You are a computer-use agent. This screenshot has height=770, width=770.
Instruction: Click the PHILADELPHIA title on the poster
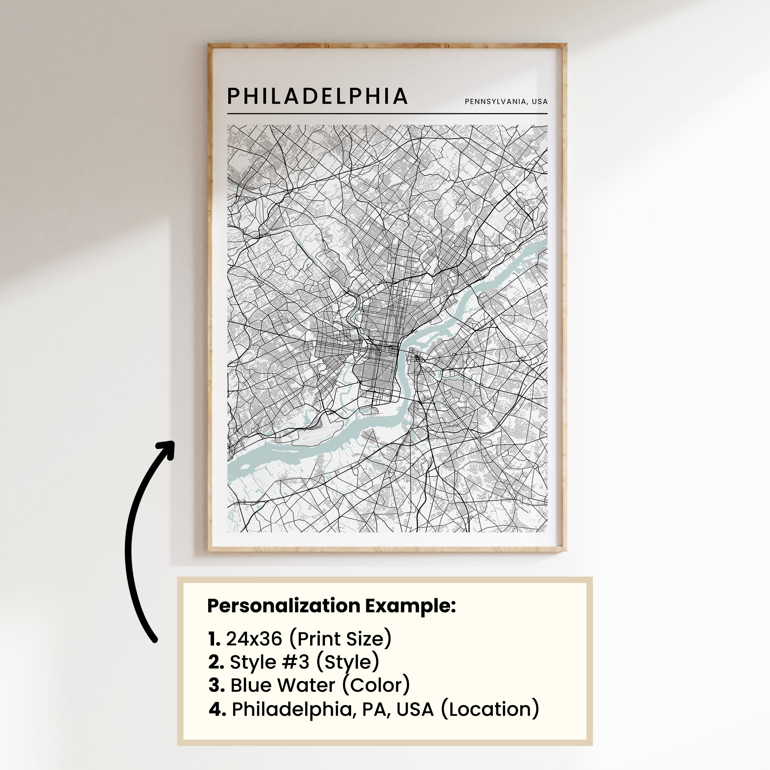[317, 96]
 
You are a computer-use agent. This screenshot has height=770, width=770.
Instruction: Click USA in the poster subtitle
[540, 102]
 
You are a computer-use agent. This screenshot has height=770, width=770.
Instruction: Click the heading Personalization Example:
[331, 606]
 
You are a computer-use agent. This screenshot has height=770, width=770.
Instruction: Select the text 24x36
[254, 638]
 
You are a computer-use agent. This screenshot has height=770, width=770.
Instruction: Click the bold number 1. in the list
[214, 639]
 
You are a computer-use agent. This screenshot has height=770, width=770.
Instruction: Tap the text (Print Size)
[340, 638]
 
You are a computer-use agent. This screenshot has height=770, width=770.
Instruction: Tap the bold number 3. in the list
[217, 686]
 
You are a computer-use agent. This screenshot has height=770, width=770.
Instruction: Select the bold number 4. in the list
[217, 709]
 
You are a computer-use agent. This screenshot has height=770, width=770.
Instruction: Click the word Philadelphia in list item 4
[293, 709]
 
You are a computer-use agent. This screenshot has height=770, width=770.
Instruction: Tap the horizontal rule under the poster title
[387, 114]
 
